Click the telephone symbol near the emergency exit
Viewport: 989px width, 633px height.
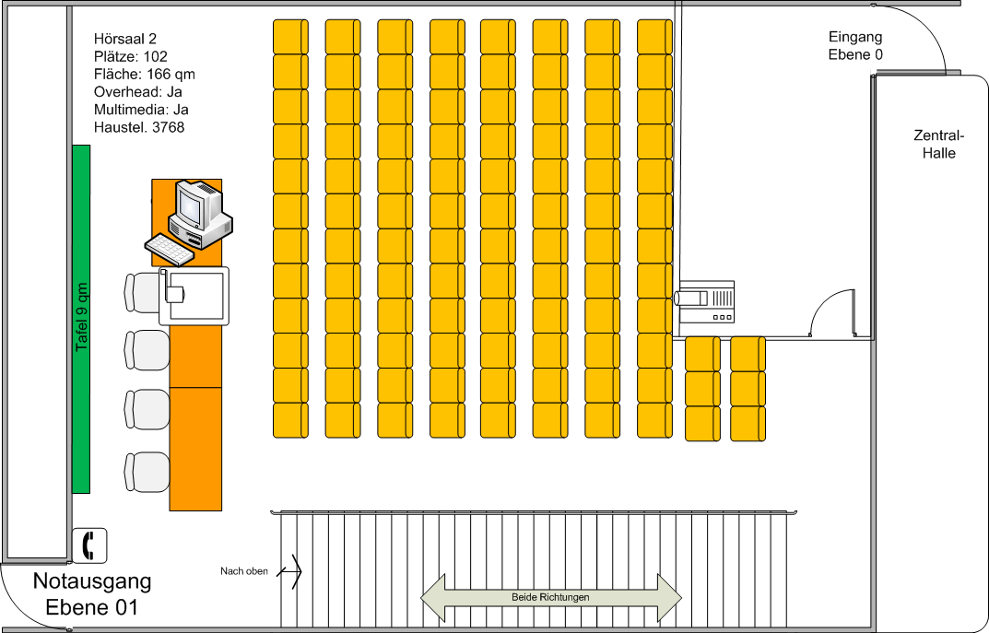[90, 545]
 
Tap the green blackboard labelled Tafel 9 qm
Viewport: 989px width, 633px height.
[81, 319]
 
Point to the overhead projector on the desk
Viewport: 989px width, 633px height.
[194, 294]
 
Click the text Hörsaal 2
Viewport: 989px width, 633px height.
[125, 39]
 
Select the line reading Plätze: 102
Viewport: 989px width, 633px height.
[131, 56]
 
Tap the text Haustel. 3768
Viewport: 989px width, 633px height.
[139, 127]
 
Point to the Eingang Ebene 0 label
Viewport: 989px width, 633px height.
[855, 46]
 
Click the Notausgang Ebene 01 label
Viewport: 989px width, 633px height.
[92, 594]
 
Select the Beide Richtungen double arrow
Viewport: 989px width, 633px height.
[550, 597]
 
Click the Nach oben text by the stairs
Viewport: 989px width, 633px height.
[244, 571]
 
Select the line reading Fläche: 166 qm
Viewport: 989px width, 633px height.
[144, 74]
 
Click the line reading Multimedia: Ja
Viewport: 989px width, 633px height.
[141, 110]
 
